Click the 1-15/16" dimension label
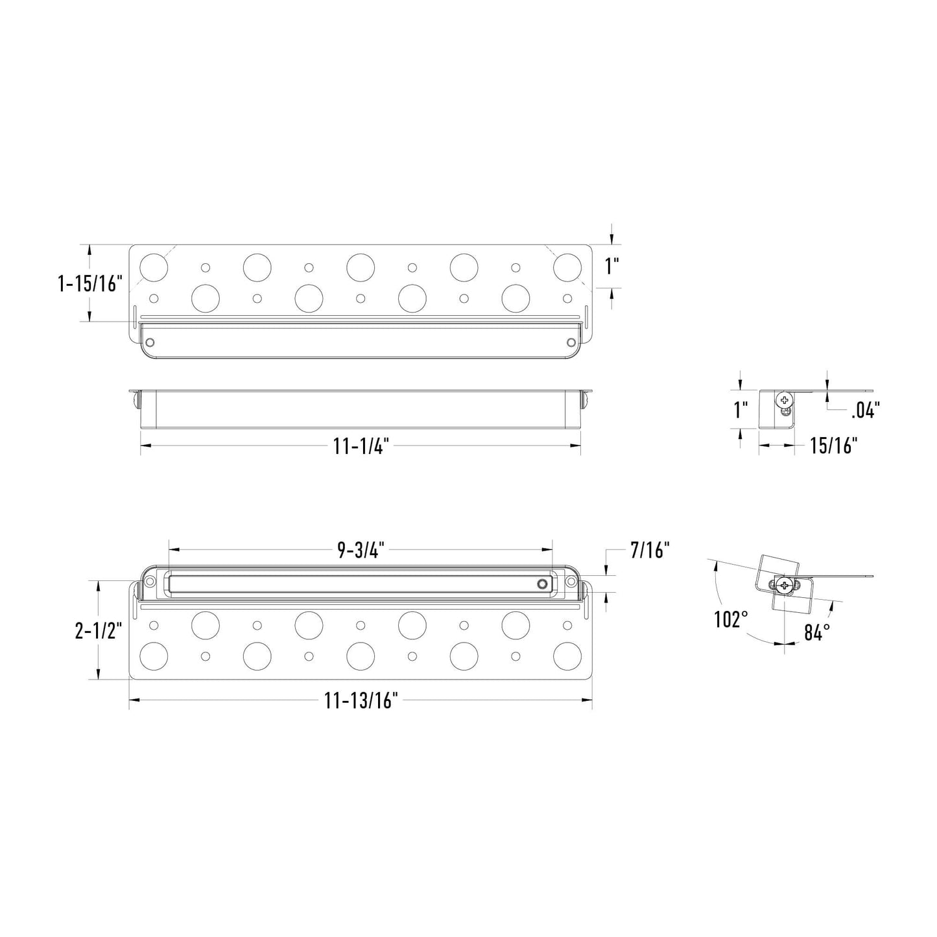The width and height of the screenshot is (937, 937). (x=90, y=283)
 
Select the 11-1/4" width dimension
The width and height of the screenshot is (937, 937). (x=361, y=446)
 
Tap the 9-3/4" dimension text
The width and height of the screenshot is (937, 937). (x=361, y=550)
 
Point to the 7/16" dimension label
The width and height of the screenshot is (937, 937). (x=650, y=551)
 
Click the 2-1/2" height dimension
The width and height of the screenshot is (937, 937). (x=97, y=630)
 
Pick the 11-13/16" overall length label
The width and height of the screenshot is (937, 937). (x=361, y=700)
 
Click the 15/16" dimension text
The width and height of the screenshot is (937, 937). (x=833, y=445)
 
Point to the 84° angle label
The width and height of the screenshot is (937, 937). (x=818, y=632)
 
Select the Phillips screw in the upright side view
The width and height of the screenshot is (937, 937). (x=785, y=400)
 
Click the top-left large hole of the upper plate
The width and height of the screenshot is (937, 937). (x=154, y=267)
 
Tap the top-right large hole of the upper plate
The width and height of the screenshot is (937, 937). (x=567, y=267)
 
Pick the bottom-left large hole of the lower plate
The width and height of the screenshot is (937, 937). (x=154, y=656)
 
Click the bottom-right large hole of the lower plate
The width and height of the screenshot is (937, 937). (x=567, y=656)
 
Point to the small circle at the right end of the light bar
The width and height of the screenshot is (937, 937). (x=541, y=584)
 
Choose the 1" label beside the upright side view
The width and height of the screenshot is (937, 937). (x=741, y=410)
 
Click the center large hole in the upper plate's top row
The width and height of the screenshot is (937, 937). (x=361, y=267)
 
